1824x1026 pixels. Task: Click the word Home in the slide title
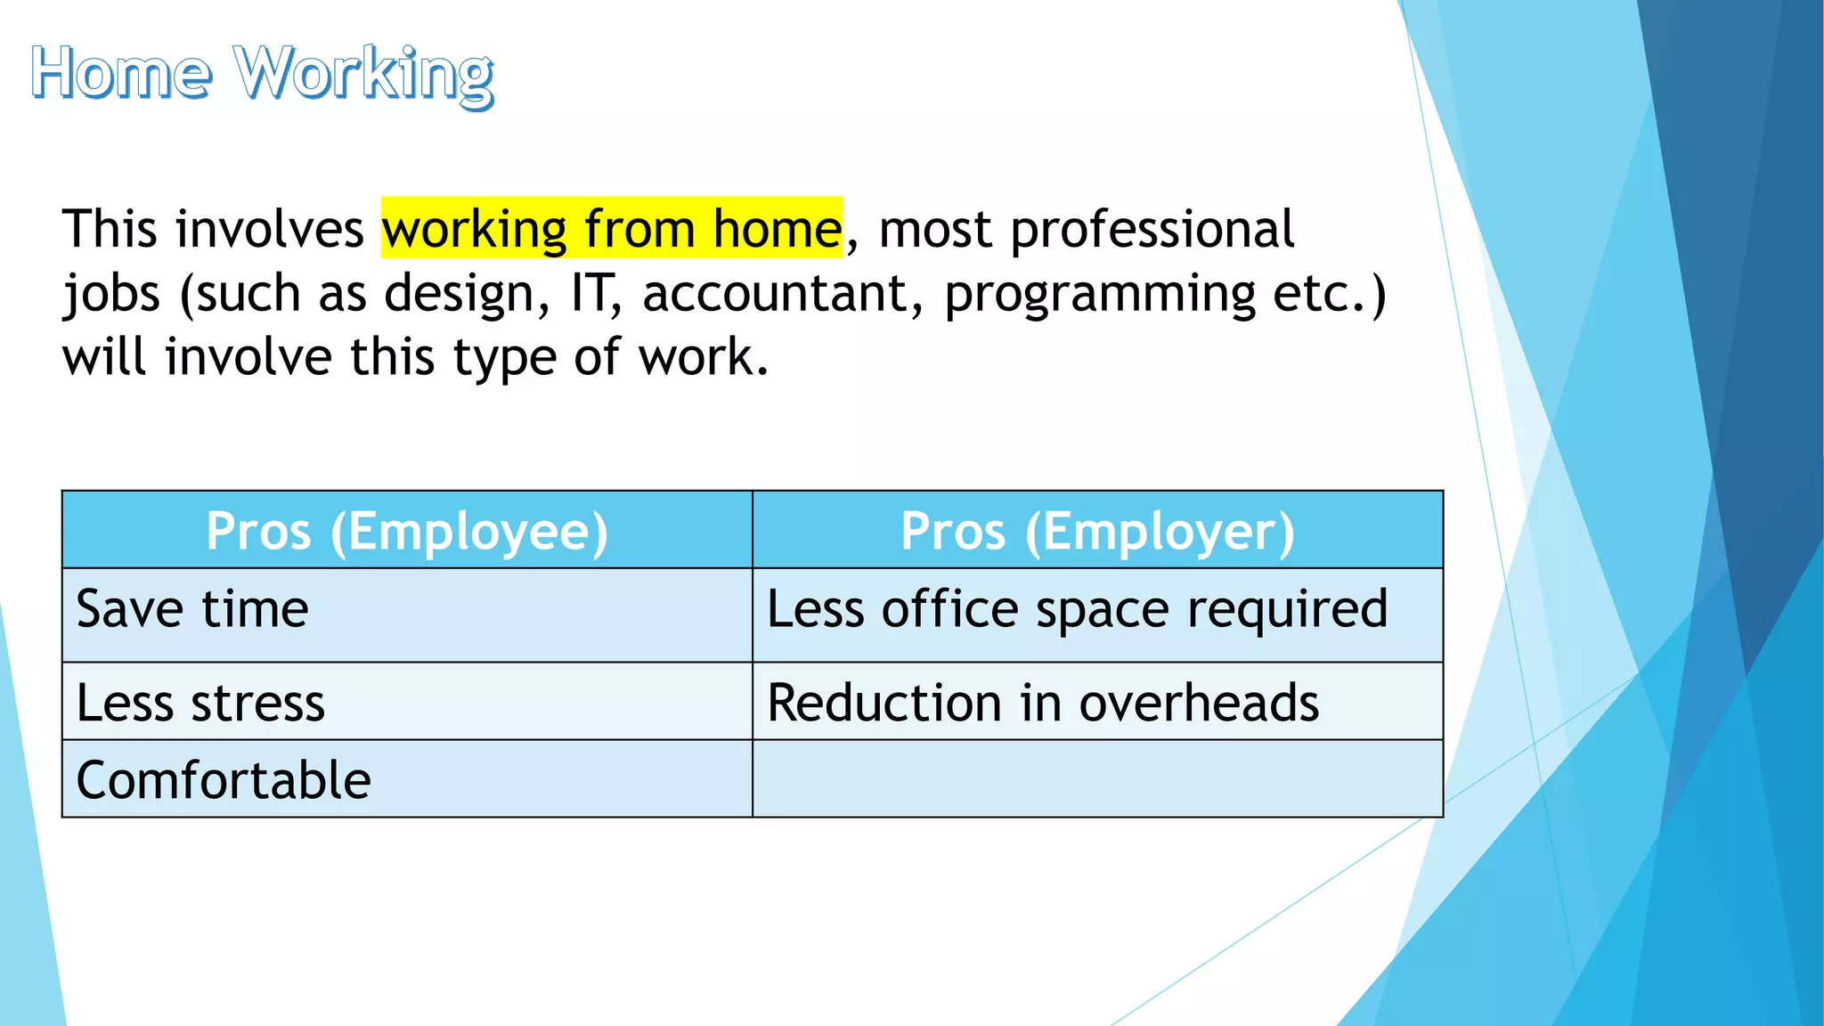[122, 73]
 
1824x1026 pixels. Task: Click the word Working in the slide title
[364, 75]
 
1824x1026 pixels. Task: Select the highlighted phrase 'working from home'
[612, 229]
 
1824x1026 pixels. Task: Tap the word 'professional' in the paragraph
[1152, 229]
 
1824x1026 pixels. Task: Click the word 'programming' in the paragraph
[1100, 295]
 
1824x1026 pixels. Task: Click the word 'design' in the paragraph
[467, 293]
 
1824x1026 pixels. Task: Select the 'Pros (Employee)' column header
[407, 531]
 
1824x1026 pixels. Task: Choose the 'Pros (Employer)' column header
[1097, 531]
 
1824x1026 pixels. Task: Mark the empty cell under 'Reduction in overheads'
[1097, 778]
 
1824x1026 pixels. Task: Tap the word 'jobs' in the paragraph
[111, 295]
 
